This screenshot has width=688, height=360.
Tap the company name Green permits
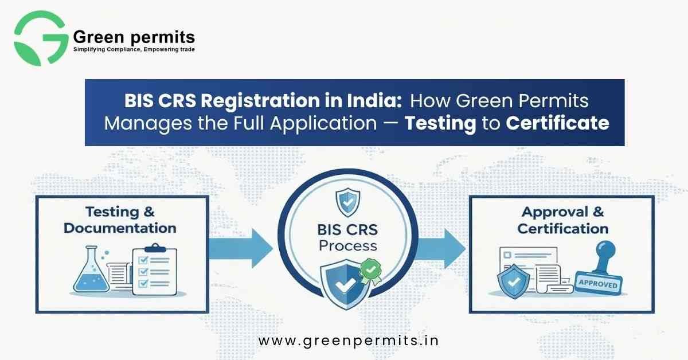[134, 38]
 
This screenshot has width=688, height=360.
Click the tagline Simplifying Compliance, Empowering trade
[134, 50]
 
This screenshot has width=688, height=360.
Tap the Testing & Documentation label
[120, 220]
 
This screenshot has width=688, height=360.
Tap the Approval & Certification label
[562, 220]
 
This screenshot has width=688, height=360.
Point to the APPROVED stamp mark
[598, 284]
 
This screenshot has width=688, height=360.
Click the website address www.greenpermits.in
[349, 341]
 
